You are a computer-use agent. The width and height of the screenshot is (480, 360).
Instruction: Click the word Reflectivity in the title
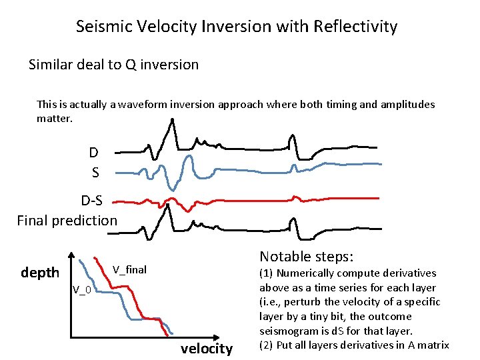tap(357, 27)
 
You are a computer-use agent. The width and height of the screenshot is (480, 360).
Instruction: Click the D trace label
tap(94, 152)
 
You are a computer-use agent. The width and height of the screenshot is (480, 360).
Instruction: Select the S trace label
tap(95, 173)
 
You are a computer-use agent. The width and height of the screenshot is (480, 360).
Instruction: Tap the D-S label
tap(96, 201)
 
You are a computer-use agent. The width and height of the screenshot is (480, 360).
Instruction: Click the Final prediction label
tap(67, 220)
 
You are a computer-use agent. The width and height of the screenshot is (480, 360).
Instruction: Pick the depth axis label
tap(40, 273)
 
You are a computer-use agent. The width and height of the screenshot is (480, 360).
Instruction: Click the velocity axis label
tap(207, 349)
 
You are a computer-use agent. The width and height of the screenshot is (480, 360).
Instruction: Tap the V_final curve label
tap(129, 270)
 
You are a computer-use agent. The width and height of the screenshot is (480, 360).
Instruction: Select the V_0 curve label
tap(82, 289)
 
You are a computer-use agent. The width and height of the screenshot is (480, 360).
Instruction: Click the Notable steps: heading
tap(306, 257)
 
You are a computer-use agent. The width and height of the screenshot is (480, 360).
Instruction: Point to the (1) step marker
tap(266, 273)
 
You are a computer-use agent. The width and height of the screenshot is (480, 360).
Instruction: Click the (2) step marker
tap(266, 345)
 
